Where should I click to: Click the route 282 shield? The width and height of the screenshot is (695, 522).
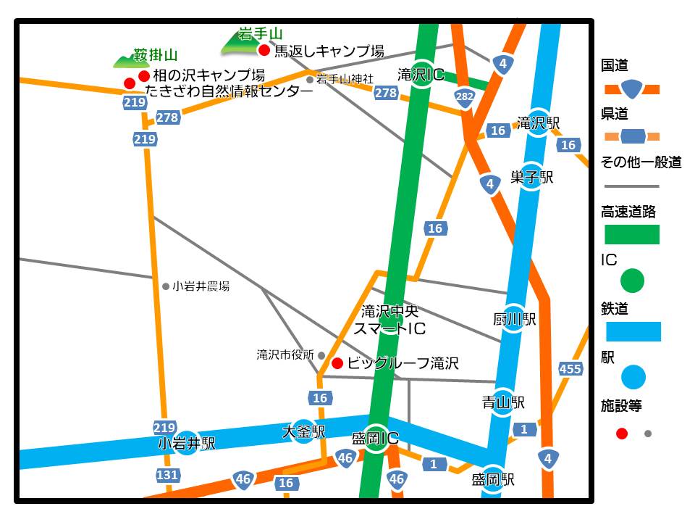[x=465, y=96]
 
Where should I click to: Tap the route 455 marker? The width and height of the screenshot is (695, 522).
[x=570, y=369]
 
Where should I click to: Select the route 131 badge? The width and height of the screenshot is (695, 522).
[x=168, y=475]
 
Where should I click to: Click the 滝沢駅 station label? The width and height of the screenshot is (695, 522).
[x=539, y=123]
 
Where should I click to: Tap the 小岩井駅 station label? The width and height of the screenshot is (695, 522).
[x=186, y=444]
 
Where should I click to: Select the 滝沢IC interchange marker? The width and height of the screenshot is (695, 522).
[x=422, y=75]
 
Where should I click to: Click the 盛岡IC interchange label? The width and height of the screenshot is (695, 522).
[x=375, y=439]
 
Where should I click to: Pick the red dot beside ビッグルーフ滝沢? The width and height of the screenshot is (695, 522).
[x=337, y=363]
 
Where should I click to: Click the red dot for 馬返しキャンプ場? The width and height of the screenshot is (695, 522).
[x=264, y=50]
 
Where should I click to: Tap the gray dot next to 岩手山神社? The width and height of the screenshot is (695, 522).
[x=310, y=79]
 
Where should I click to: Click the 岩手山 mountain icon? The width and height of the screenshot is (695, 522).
[x=241, y=46]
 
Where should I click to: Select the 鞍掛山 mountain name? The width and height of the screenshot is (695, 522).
[x=155, y=55]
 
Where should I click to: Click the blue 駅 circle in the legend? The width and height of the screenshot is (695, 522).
[x=633, y=377]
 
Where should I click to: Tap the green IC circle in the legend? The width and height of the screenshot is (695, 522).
[x=632, y=280]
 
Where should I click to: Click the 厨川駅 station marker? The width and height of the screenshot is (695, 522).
[x=513, y=319]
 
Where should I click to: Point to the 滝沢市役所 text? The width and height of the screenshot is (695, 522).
[x=285, y=355]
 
